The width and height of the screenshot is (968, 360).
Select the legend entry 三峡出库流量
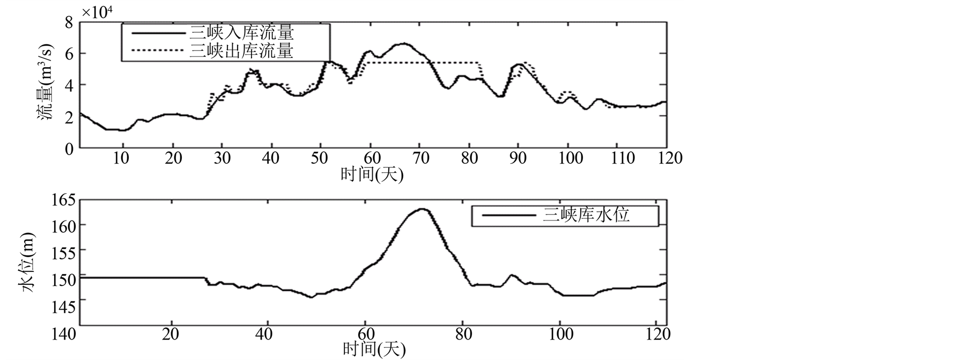click(x=242, y=51)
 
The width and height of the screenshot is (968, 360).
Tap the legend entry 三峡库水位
click(x=586, y=215)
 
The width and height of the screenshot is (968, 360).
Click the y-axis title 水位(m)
click(x=28, y=262)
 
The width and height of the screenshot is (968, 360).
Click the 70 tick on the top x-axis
click(x=420, y=158)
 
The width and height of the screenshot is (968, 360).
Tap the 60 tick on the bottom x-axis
click(x=365, y=334)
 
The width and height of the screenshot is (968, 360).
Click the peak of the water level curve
click(x=422, y=209)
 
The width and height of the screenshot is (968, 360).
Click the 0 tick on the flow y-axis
click(x=68, y=149)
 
